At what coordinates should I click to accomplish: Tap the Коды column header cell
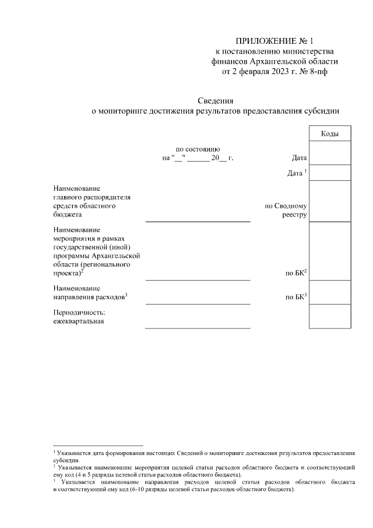330,134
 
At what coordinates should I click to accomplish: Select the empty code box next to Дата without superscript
330,153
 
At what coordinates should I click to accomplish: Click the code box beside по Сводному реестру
330,201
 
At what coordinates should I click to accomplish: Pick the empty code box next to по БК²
330,251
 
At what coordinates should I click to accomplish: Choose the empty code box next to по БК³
330,292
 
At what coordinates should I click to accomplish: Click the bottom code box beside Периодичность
330,316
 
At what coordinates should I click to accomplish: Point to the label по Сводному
286,206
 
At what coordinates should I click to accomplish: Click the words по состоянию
198,149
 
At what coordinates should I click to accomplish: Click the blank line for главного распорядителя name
198,221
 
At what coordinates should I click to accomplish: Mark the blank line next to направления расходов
198,303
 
